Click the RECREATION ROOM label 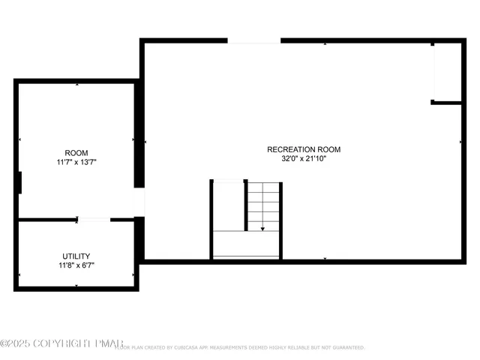pos(304,149)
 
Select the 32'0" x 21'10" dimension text pos(304,159)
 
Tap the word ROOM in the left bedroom pos(76,152)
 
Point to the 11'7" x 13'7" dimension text pos(76,162)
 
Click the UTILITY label pos(76,256)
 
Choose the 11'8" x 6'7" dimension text pos(76,265)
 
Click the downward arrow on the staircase pos(262,228)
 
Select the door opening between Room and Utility pos(94,219)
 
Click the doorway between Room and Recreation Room pos(139,202)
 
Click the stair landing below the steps pos(246,244)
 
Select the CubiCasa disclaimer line pos(240,348)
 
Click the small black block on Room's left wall pos(18,182)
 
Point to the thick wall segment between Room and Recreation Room pos(139,135)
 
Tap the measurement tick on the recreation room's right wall pos(460,141)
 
